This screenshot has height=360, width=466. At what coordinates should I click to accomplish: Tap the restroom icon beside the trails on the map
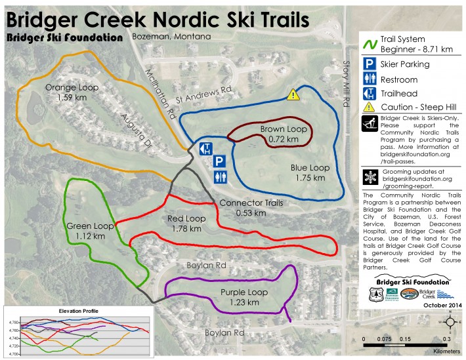pos(222,176)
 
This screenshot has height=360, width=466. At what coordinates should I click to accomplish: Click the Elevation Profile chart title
pos(51,311)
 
